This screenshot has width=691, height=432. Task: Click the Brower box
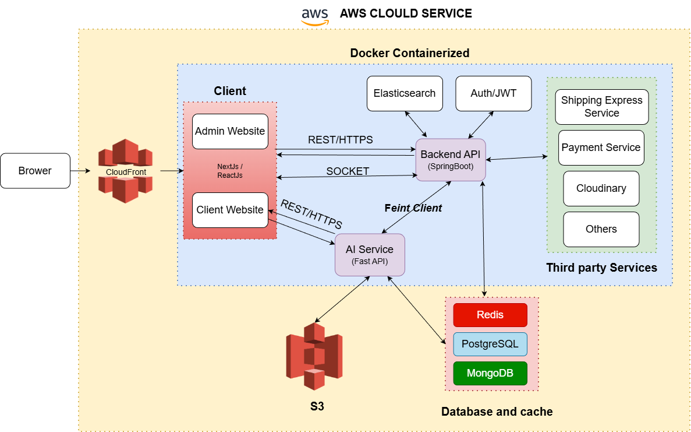coord(35,171)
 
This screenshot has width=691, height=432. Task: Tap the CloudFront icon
coord(125,171)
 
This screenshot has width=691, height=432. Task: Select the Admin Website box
coord(230,131)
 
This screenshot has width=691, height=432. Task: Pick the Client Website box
coord(230,210)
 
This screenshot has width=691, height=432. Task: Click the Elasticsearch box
coord(405,93)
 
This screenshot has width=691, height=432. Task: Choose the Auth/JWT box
coord(493,93)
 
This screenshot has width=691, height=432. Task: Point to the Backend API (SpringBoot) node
coord(451,159)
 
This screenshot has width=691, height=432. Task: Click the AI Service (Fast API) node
coord(370,255)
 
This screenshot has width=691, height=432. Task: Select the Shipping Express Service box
coord(601,107)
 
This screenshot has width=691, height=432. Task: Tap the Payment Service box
coord(601,147)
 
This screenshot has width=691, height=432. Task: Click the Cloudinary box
coord(601,188)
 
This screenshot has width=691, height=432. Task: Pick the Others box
coord(601,229)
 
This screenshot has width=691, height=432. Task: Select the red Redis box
coord(490,315)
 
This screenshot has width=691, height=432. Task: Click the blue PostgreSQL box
coord(490,344)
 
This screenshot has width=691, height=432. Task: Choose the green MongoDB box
coord(490,373)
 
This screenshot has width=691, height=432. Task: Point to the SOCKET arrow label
coord(348,171)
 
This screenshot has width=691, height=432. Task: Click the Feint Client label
coord(413,208)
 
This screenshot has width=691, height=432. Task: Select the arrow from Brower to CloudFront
coord(80,171)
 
